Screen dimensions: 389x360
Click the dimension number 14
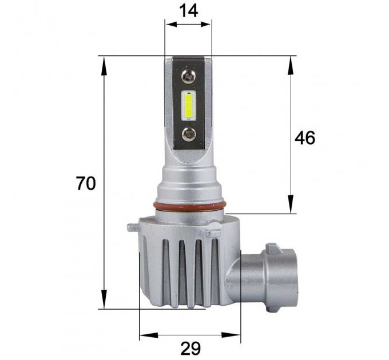click(x=189, y=11)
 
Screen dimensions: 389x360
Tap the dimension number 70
click(x=86, y=183)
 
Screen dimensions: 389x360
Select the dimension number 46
click(x=305, y=138)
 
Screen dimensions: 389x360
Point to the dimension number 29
click(x=190, y=349)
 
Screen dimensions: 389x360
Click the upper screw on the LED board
click(x=188, y=77)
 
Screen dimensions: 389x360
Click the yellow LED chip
click(x=189, y=106)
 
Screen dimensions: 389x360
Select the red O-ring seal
click(x=189, y=206)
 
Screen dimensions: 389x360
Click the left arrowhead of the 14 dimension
click(x=171, y=24)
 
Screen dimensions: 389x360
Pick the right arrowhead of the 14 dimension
click(x=205, y=24)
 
